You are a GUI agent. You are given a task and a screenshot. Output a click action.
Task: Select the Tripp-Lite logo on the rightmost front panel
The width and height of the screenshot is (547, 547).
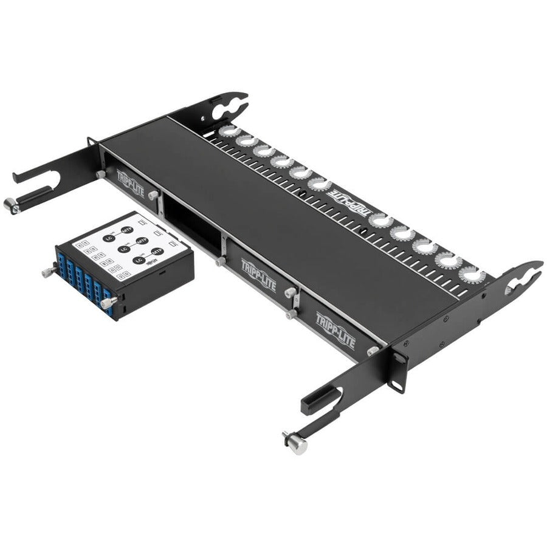pyautogui.click(x=335, y=330)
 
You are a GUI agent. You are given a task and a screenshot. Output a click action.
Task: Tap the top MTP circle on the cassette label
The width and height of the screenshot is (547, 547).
pyautogui.click(x=126, y=230)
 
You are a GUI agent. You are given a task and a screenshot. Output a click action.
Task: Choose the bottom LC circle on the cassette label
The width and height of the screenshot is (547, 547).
pyautogui.click(x=140, y=260)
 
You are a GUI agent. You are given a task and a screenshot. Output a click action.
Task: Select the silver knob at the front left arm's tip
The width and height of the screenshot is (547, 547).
pyautogui.click(x=12, y=206)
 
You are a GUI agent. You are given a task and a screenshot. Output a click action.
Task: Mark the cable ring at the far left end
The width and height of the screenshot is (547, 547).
pyautogui.click(x=230, y=130)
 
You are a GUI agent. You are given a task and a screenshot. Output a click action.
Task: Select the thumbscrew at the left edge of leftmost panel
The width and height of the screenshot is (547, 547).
pyautogui.click(x=100, y=174)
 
